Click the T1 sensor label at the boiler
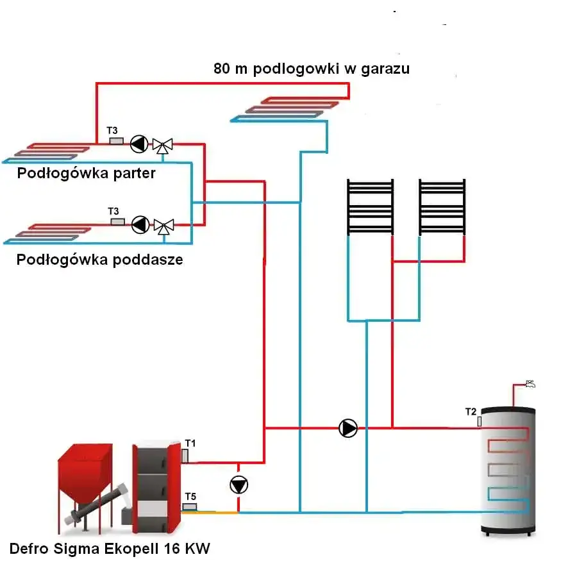(190, 442)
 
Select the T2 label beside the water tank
(471, 412)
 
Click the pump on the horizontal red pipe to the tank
(348, 428)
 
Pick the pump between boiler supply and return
(238, 485)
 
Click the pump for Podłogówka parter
(138, 144)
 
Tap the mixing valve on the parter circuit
(163, 146)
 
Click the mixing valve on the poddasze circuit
(163, 226)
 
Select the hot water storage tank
(508, 471)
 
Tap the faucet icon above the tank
(530, 385)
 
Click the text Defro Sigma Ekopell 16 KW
(110, 549)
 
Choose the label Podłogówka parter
(87, 174)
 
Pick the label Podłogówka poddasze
(100, 260)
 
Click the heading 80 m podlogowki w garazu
(312, 69)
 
